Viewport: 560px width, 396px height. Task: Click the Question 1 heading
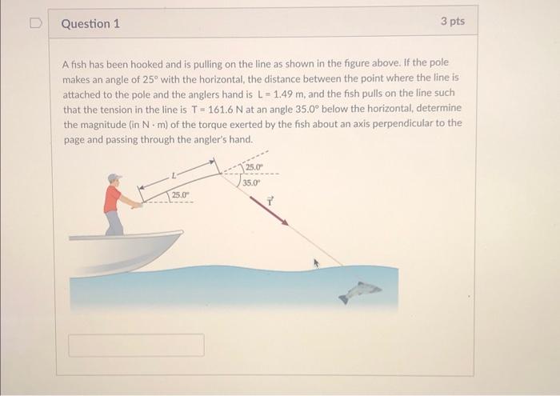[90, 23]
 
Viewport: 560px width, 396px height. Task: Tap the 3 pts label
[452, 22]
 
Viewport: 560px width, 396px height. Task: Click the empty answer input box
[136, 345]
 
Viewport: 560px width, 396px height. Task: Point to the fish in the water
[360, 290]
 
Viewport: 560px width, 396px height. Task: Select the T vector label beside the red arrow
[270, 201]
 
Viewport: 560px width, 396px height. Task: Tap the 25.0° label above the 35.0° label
[254, 167]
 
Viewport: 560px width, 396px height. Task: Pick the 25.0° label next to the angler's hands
[180, 194]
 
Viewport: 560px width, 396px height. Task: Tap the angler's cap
[115, 178]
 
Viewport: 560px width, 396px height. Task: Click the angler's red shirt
[112, 198]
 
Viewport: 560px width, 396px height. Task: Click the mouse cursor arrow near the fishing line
[315, 262]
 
